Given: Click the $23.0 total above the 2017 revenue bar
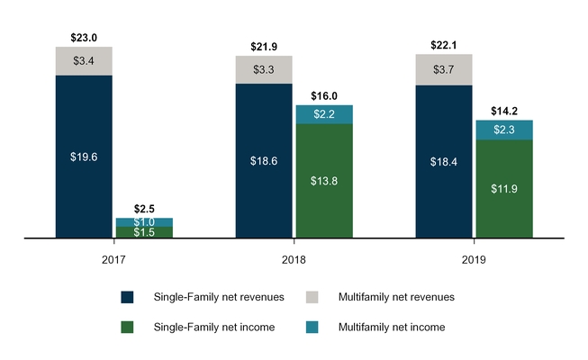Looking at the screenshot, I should (x=84, y=39).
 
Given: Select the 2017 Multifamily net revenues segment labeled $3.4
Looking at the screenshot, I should (x=84, y=61).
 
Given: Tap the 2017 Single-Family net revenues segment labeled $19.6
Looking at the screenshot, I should (x=84, y=157).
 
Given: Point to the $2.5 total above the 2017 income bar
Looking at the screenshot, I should (x=143, y=209).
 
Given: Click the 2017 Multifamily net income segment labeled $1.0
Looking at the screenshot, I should (x=143, y=222).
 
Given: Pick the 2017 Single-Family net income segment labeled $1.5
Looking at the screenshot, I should (x=143, y=232).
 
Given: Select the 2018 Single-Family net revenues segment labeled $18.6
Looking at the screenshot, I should (x=264, y=161).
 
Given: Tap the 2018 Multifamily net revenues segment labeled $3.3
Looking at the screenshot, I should (x=264, y=69).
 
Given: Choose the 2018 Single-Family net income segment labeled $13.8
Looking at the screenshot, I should (x=323, y=181).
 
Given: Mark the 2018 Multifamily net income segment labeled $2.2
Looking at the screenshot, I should (x=323, y=114).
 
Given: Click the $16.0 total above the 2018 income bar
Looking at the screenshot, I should (x=323, y=96).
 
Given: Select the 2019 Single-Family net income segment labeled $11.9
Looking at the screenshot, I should (x=503, y=189).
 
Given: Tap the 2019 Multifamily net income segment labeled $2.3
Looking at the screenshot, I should (x=503, y=130).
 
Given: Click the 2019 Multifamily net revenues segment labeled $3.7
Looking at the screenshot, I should (x=444, y=68).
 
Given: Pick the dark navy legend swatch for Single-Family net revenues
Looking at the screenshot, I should (x=128, y=298).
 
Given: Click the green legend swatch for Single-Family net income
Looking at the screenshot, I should (x=128, y=328).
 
